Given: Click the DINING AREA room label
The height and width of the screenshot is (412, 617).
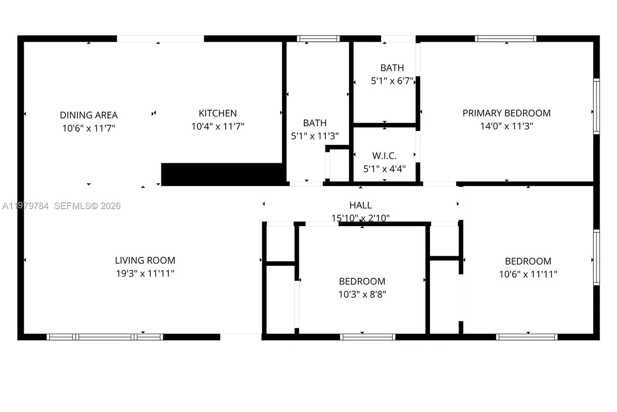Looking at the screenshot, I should pyautogui.click(x=88, y=114).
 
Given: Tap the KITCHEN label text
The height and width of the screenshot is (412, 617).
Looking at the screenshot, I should pyautogui.click(x=217, y=113).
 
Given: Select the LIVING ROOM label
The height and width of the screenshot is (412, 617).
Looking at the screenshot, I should pyautogui.click(x=144, y=261).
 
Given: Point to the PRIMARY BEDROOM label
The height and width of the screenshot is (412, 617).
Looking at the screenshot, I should pyautogui.click(x=506, y=113).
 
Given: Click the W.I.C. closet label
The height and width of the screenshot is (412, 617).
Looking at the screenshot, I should pyautogui.click(x=384, y=156).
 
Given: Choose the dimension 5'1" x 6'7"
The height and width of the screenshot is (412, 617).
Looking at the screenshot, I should pyautogui.click(x=392, y=81).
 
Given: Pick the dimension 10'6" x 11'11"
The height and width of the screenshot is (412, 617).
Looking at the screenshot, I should pyautogui.click(x=528, y=274).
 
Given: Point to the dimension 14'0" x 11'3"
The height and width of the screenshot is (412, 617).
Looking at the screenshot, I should pyautogui.click(x=506, y=126).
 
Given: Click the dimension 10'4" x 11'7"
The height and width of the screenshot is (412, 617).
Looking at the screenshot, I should pyautogui.click(x=217, y=127).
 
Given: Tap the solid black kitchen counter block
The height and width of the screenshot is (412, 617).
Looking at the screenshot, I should pyautogui.click(x=223, y=174).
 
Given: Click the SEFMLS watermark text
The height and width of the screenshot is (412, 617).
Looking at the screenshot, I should pyautogui.click(x=87, y=206).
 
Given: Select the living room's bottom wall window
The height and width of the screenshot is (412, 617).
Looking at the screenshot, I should pyautogui.click(x=105, y=337).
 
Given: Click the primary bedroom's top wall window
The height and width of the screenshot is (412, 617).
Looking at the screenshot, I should pyautogui.click(x=505, y=39).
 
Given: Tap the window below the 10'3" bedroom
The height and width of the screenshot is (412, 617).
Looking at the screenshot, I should pyautogui.click(x=367, y=337).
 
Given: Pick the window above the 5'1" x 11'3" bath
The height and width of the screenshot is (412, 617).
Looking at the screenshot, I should pyautogui.click(x=318, y=39).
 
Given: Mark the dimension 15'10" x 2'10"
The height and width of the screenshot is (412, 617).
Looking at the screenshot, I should pyautogui.click(x=360, y=218).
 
